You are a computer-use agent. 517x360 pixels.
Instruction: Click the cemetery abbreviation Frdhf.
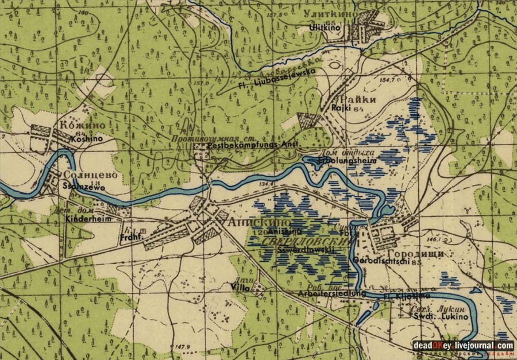coord(129,236)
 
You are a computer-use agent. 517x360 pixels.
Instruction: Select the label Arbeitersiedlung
coord(331,293)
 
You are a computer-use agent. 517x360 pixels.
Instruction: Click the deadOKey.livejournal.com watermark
coord(462,345)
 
